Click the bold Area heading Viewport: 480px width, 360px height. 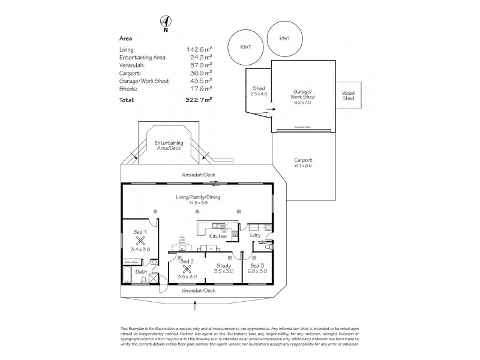[x=127, y=38]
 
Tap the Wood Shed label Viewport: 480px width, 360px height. [x=349, y=96]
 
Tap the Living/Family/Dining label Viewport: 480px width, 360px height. [x=198, y=198]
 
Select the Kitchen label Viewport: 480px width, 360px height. [x=218, y=236]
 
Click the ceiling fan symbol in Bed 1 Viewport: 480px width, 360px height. [x=141, y=238]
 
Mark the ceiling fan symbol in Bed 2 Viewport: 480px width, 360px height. [x=187, y=269]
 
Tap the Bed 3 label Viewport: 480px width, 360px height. [x=256, y=265]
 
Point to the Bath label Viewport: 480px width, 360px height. [x=141, y=272]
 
